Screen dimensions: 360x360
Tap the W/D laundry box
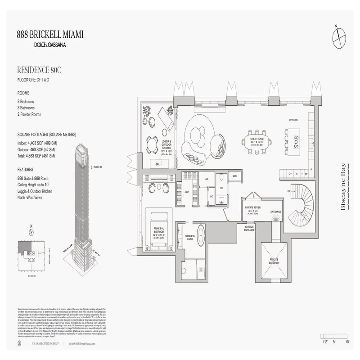(234, 176)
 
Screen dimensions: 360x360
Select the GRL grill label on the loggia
(158, 165)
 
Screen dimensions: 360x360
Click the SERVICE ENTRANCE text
(249, 228)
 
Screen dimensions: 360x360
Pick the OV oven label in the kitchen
(291, 173)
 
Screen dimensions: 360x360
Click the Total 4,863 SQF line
(36, 156)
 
